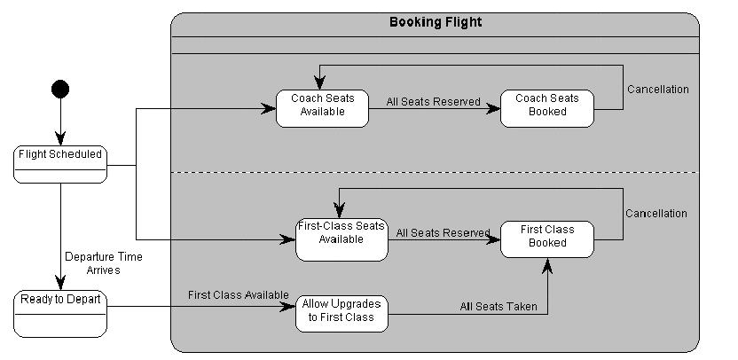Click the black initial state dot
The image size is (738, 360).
60,89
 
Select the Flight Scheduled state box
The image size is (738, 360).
60,164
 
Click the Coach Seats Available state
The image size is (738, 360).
322,108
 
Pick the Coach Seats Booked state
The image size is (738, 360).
547,108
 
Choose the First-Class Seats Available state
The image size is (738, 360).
342,239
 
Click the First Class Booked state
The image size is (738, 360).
547,239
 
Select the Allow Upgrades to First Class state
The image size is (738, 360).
342,314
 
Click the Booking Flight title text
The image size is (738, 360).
436,22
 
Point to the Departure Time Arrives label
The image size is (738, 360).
103,263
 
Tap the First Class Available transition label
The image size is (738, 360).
238,294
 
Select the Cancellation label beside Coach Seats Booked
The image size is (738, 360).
657,90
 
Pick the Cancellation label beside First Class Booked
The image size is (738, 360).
656,214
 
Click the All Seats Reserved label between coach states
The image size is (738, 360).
433,102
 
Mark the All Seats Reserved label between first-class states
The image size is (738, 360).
443,233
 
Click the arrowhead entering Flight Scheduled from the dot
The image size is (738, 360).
60,140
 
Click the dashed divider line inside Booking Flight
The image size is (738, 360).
435,172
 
